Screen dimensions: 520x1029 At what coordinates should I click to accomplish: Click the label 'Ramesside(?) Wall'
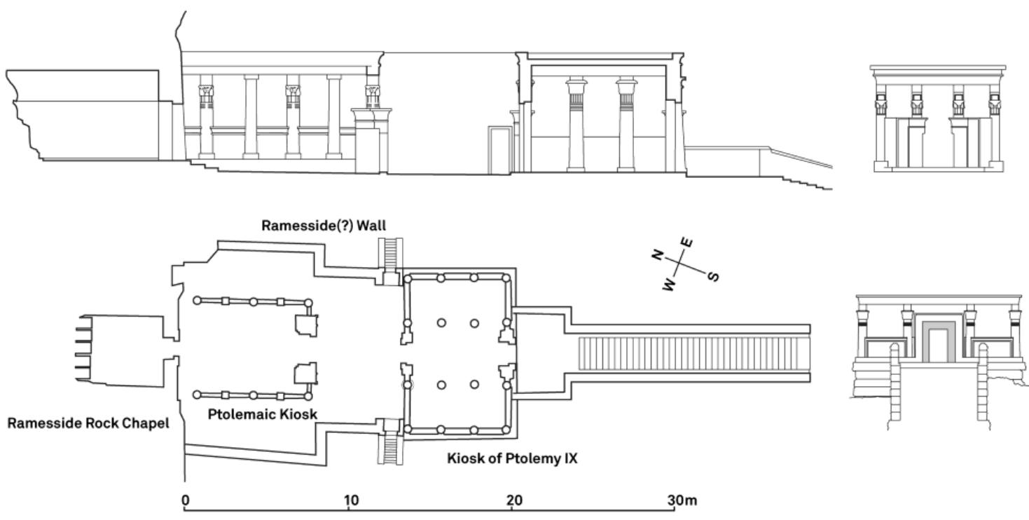[x=324, y=226]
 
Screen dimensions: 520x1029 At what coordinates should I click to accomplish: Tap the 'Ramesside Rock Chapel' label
[x=88, y=423]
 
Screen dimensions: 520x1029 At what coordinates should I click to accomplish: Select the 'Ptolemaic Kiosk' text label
[x=263, y=414]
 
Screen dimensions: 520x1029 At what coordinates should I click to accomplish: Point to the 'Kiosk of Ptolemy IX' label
[x=512, y=460]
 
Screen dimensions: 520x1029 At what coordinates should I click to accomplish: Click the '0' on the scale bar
[x=185, y=500]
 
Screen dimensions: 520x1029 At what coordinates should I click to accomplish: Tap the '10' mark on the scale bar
[x=351, y=500]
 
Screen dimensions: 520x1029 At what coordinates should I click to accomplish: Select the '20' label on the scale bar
[x=514, y=500]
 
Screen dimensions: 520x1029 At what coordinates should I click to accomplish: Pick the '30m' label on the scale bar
[x=681, y=500]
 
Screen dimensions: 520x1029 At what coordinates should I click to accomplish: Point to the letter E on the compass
[x=689, y=242]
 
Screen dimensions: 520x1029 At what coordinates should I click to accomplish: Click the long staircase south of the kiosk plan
[x=693, y=354]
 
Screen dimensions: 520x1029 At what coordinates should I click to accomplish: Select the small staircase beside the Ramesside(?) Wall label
[x=391, y=254]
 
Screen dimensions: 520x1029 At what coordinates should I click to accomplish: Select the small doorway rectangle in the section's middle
[x=499, y=150]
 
